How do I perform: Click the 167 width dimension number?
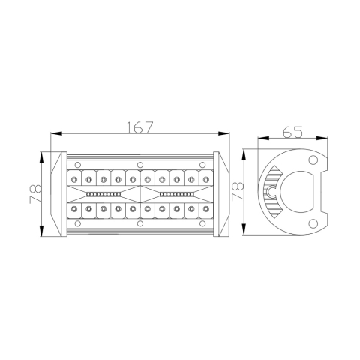click(140, 127)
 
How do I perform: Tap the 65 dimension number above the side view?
click(292, 132)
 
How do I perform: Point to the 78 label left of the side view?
click(238, 191)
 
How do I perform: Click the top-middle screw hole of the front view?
click(140, 163)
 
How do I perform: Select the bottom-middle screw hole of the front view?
click(140, 223)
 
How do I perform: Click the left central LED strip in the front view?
click(103, 193)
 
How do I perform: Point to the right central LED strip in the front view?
click(176, 193)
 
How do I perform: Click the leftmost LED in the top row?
click(75, 178)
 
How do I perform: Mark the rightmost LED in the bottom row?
click(205, 209)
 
